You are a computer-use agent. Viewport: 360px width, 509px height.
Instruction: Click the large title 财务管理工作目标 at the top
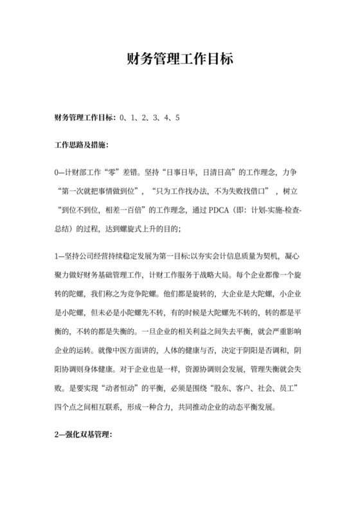[x=179, y=59]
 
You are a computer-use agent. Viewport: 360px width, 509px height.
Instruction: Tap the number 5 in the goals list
[x=177, y=118]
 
